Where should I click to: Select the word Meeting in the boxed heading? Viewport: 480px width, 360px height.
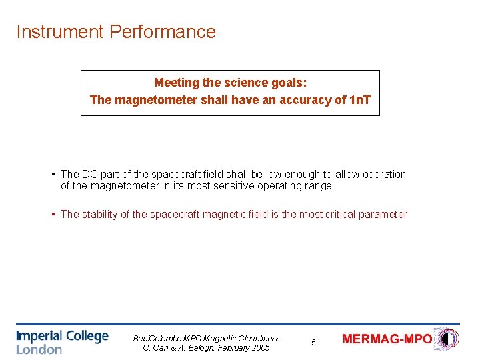coord(176,83)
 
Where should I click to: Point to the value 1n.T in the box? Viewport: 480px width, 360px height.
coord(360,100)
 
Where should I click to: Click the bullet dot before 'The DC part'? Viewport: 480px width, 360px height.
coord(53,175)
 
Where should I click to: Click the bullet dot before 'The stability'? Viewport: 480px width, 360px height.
coord(53,215)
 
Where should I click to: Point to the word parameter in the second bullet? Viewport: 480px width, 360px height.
coord(383,215)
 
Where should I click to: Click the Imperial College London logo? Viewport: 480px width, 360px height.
coord(62,341)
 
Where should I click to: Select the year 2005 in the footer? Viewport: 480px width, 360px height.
coord(259,347)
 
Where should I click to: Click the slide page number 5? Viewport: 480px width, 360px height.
coord(314,343)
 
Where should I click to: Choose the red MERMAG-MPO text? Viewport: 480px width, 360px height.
coord(387,339)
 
